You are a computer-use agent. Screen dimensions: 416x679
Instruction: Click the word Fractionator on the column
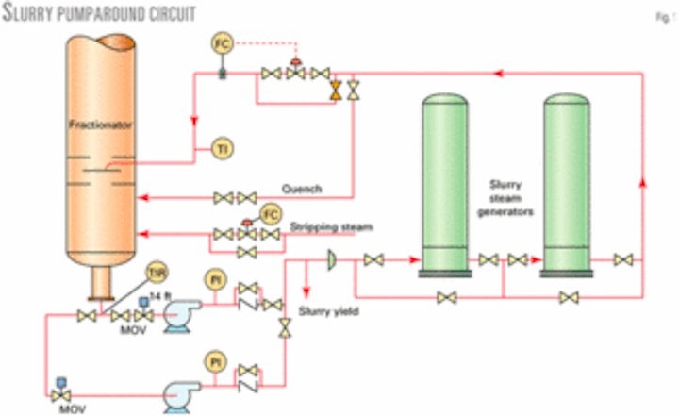(91, 124)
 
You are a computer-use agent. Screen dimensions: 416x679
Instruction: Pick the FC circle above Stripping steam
(271, 211)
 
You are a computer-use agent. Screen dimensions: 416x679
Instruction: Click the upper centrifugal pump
(180, 318)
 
